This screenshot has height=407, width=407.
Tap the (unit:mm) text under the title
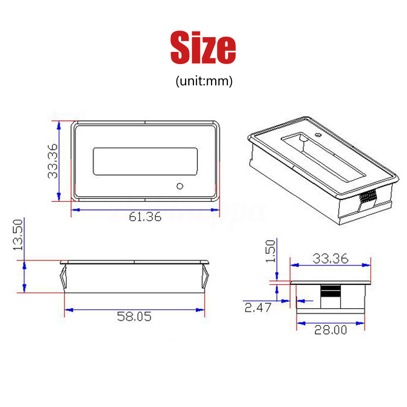point(203,81)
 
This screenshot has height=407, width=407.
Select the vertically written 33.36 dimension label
point(52,161)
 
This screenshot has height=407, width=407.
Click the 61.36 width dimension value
point(145,217)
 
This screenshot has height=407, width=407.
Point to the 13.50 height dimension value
point(18,235)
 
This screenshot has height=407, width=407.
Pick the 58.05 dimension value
point(134,316)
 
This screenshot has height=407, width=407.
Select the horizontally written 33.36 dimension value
point(330,259)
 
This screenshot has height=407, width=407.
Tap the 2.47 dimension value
point(259,307)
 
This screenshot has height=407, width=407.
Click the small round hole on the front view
point(179,186)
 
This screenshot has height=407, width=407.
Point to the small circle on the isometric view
point(317,136)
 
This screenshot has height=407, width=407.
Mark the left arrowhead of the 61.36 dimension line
point(74,209)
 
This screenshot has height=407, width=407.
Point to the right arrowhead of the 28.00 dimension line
point(363,323)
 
